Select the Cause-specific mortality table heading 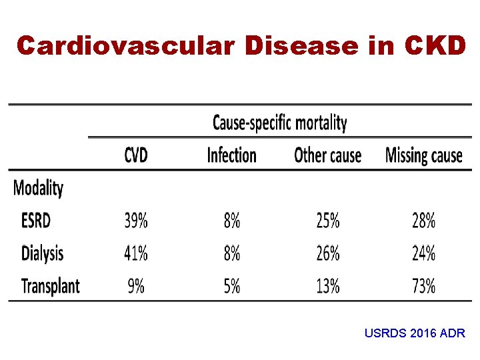[x=279, y=123]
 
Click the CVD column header [x=136, y=155]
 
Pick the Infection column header [x=231, y=155]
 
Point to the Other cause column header [x=327, y=155]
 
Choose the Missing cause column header [x=423, y=155]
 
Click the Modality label [x=38, y=188]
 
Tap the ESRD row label [x=36, y=220]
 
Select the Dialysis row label [x=43, y=253]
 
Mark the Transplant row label [x=51, y=287]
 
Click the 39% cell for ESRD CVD [x=136, y=220]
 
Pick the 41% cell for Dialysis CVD [x=136, y=253]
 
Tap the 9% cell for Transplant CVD [x=136, y=287]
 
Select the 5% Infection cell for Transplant [x=232, y=287]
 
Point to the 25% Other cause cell [x=327, y=220]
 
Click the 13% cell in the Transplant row [x=327, y=287]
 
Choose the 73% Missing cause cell [x=423, y=287]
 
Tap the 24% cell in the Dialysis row [x=423, y=253]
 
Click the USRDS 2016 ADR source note [x=415, y=333]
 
